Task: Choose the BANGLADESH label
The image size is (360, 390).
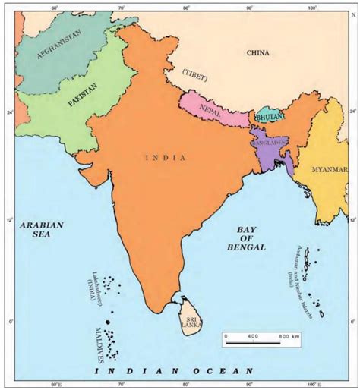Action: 269,142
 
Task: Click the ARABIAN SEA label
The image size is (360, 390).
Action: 43,230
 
